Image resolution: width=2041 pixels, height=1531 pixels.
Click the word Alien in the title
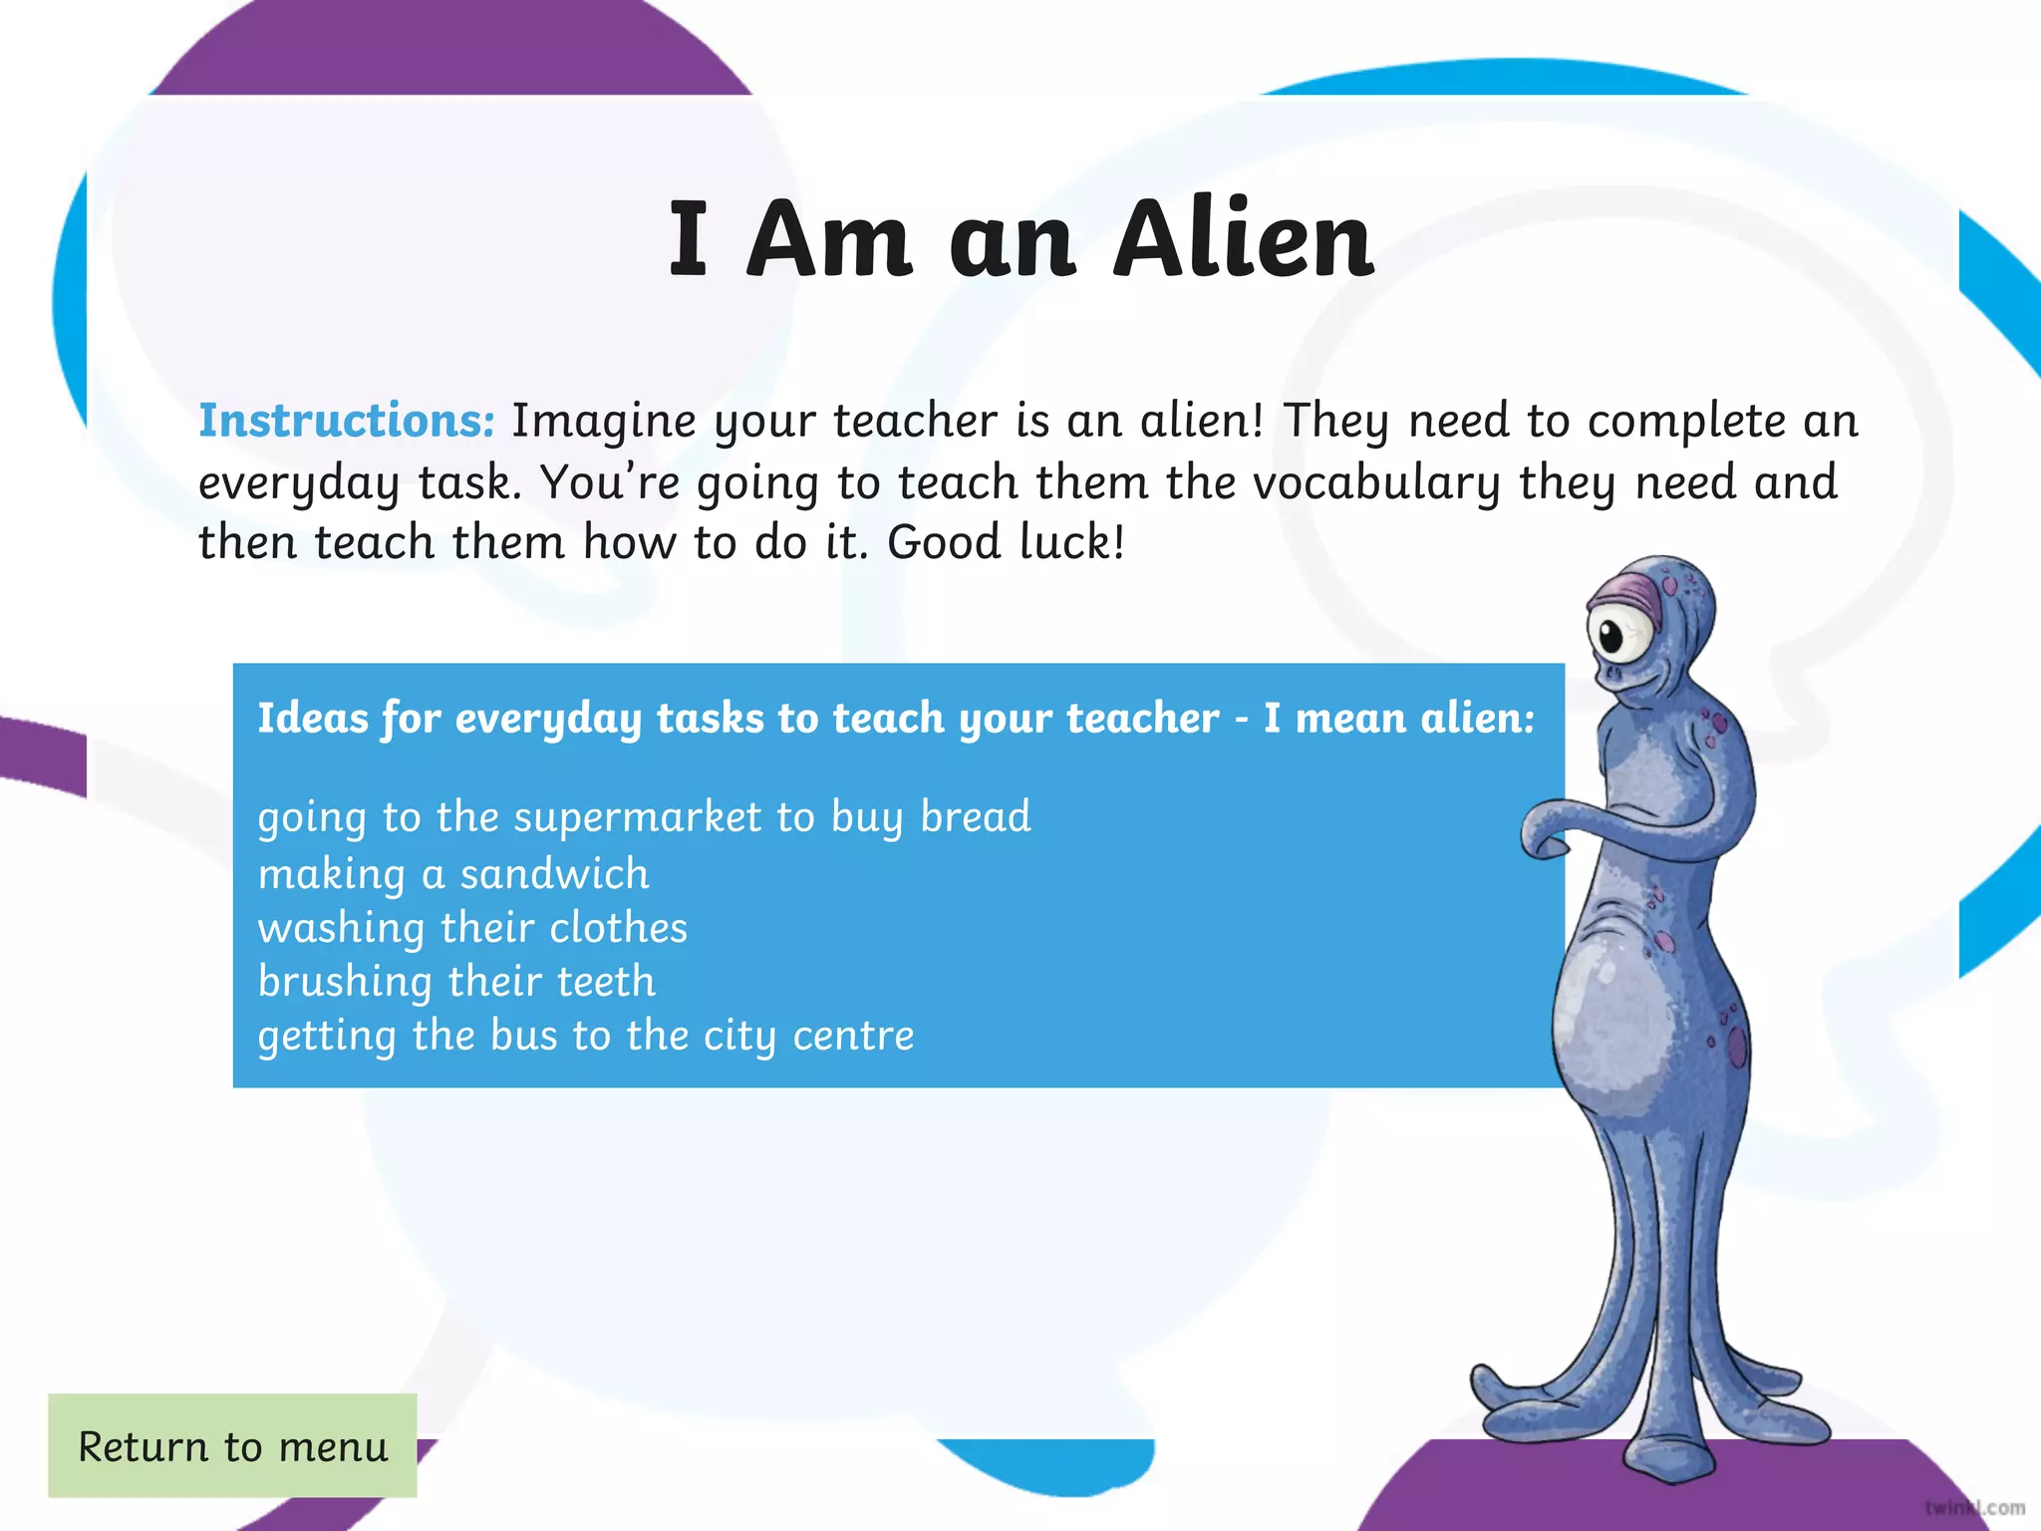tap(1243, 239)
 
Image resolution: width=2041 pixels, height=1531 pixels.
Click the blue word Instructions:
tap(346, 421)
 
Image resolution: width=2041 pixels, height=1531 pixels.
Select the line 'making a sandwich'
tap(453, 874)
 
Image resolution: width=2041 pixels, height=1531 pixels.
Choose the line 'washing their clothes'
tap(472, 928)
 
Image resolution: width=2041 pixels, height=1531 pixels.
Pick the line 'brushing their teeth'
tap(456, 982)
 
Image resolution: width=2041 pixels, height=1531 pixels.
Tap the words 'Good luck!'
tap(1006, 543)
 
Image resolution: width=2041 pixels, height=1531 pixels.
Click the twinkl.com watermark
tap(1974, 1507)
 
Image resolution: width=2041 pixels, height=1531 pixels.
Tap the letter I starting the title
tap(688, 239)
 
